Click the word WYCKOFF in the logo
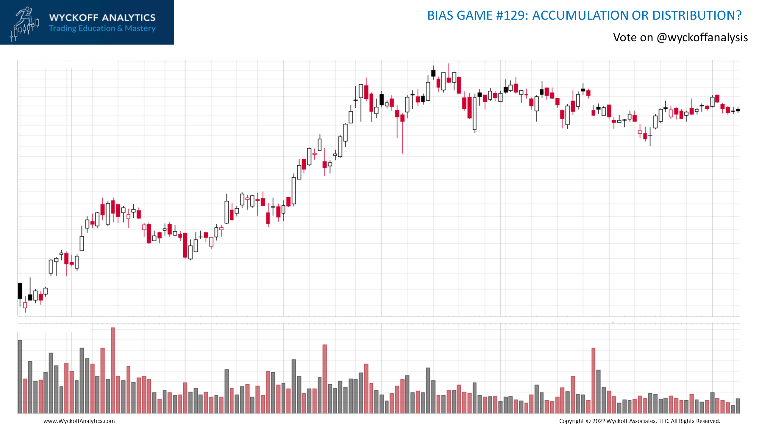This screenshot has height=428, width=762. point(74,18)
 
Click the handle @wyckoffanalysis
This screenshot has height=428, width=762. point(702,38)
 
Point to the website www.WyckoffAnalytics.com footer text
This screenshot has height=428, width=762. point(79,421)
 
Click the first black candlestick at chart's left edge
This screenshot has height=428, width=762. point(20,291)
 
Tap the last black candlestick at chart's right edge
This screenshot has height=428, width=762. point(738,110)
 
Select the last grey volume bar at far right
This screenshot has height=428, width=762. point(738,406)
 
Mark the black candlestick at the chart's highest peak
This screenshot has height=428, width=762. point(433,73)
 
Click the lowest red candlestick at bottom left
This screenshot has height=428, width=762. point(25,305)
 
